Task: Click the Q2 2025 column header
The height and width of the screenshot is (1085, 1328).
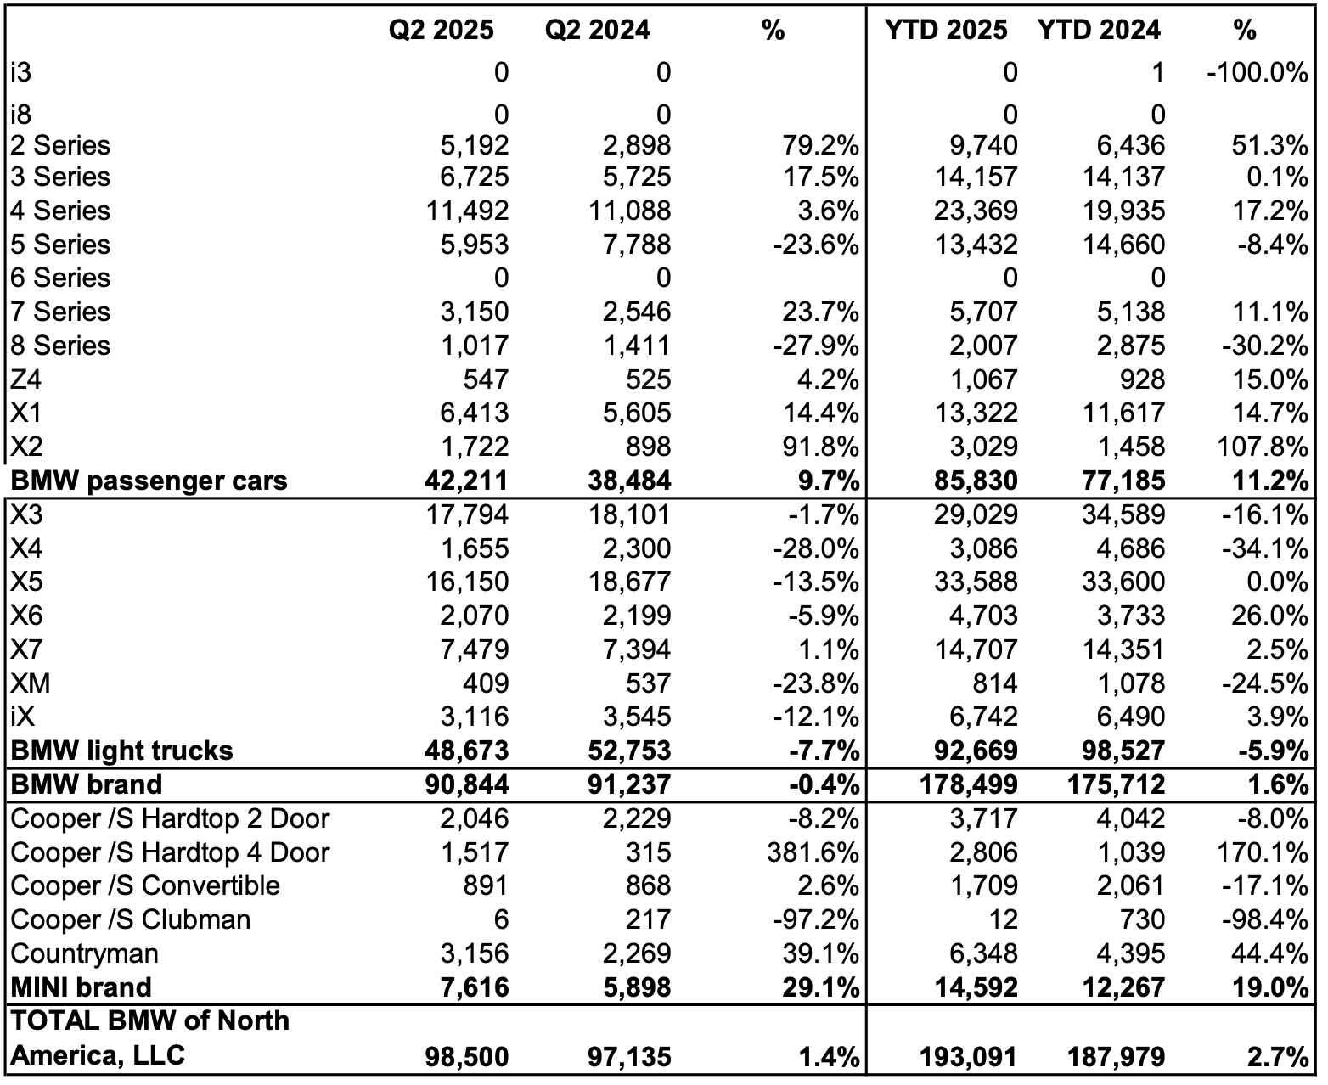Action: [441, 31]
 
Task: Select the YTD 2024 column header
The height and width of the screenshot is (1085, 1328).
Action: [1098, 31]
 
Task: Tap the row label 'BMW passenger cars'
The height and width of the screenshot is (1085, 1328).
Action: [149, 481]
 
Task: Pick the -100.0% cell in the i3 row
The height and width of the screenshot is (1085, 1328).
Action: [1256, 73]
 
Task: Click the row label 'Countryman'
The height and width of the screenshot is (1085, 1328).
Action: [84, 953]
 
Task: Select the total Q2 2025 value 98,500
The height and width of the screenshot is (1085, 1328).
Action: [466, 1057]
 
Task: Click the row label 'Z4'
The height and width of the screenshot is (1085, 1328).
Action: [27, 379]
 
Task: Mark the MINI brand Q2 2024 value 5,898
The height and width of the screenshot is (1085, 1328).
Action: [629, 988]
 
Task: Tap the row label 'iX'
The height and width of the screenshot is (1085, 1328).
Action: [23, 717]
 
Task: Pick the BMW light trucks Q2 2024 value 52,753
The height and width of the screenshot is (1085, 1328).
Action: [629, 751]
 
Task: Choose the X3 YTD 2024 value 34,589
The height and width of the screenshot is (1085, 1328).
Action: [1123, 515]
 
